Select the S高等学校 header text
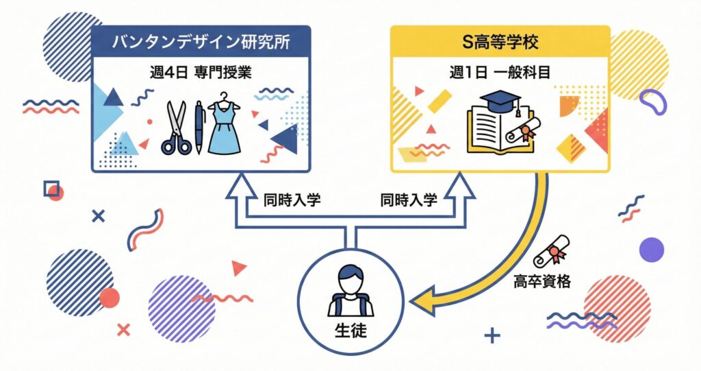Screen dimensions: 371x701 [x=499, y=43]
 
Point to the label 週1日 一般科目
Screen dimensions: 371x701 [x=499, y=73]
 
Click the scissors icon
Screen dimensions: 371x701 [x=177, y=129]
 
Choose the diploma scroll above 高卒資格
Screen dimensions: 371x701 [x=552, y=250]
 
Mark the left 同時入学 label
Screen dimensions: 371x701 [x=292, y=200]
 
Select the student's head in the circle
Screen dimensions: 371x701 [x=350, y=281]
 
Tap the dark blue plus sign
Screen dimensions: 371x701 [x=491, y=336]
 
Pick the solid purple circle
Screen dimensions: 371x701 [x=651, y=250]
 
